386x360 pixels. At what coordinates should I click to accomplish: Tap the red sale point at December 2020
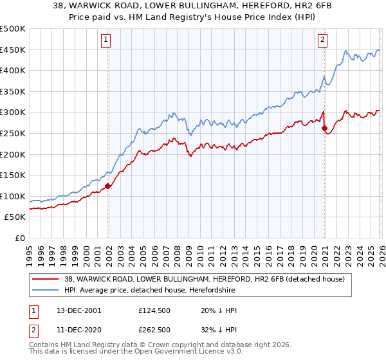(x=324, y=127)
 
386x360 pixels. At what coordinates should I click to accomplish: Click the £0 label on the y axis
(x=20, y=238)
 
